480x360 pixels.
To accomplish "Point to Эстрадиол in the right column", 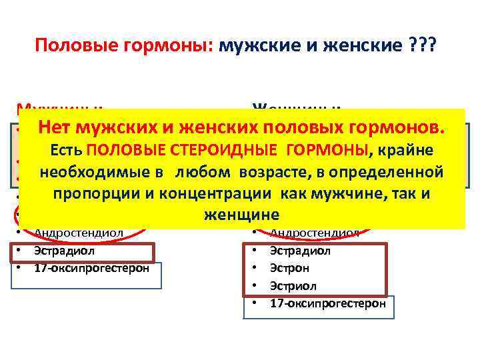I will coord(299,251).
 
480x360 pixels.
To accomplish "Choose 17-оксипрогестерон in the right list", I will coord(327,303).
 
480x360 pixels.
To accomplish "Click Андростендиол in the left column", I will coord(78,233).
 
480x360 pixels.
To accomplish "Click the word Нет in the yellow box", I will coord(57,126).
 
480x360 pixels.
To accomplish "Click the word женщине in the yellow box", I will coord(241,215).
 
